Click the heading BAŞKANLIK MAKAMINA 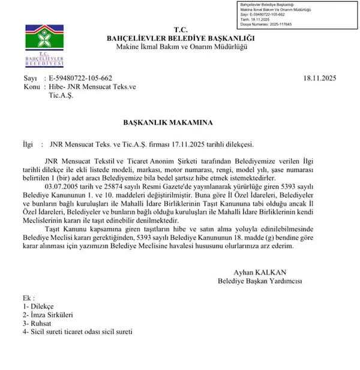[x=167, y=122]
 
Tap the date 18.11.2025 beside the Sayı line [x=325, y=79]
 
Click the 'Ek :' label [x=29, y=297]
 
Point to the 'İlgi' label [x=28, y=145]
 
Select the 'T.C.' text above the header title [x=180, y=30]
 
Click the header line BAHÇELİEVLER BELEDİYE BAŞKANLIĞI [x=180, y=39]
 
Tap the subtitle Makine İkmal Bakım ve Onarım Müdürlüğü [x=181, y=47]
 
